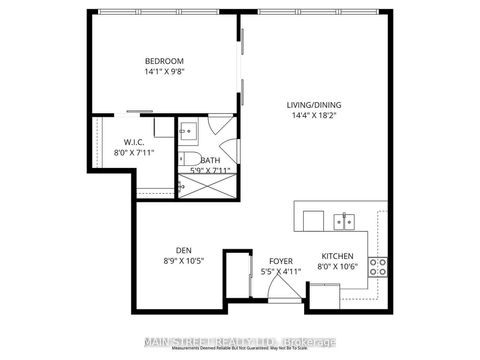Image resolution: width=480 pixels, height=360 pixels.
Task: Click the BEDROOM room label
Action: [x=164, y=60]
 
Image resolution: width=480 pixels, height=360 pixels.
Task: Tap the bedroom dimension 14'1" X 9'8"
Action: [x=164, y=72]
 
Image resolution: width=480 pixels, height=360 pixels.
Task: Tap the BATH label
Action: [x=210, y=160]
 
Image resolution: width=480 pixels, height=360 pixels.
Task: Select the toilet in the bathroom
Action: [x=187, y=160]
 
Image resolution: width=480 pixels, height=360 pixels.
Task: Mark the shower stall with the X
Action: [x=206, y=183]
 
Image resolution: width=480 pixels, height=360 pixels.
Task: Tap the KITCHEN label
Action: [x=337, y=255]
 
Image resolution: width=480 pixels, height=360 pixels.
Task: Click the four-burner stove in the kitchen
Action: [x=379, y=266]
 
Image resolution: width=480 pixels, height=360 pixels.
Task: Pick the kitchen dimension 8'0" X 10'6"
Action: [x=337, y=267]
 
